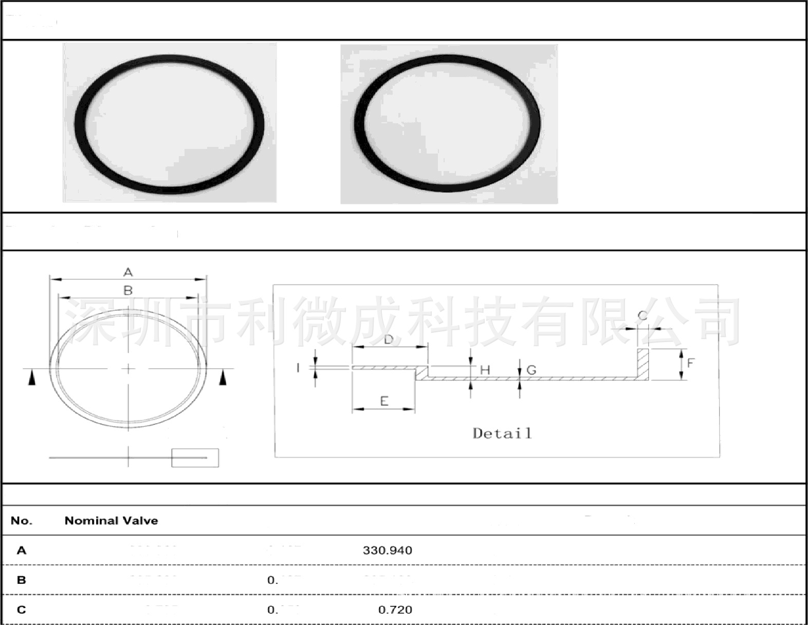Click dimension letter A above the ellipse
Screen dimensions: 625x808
click(x=128, y=272)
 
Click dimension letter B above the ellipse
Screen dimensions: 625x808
click(x=128, y=290)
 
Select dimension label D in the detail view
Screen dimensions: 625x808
click(x=389, y=339)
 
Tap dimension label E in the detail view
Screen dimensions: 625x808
click(x=384, y=401)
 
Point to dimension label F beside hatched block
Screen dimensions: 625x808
click(x=690, y=363)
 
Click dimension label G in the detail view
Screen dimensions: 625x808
click(x=531, y=370)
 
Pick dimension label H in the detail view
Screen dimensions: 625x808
click(x=485, y=370)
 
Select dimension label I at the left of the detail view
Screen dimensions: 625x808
click(x=298, y=368)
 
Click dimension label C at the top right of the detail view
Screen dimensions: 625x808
click(x=642, y=315)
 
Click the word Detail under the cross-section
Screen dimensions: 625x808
click(x=502, y=433)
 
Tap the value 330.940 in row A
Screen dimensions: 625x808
click(x=387, y=551)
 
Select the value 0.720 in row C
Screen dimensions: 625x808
click(x=395, y=610)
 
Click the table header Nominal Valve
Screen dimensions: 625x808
click(x=111, y=521)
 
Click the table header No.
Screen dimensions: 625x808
click(x=21, y=521)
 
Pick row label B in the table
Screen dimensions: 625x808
click(x=21, y=580)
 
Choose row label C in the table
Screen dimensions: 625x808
click(x=21, y=610)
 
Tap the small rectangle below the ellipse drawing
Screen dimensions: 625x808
click(x=195, y=458)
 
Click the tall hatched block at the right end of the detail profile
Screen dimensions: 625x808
click(x=642, y=364)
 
